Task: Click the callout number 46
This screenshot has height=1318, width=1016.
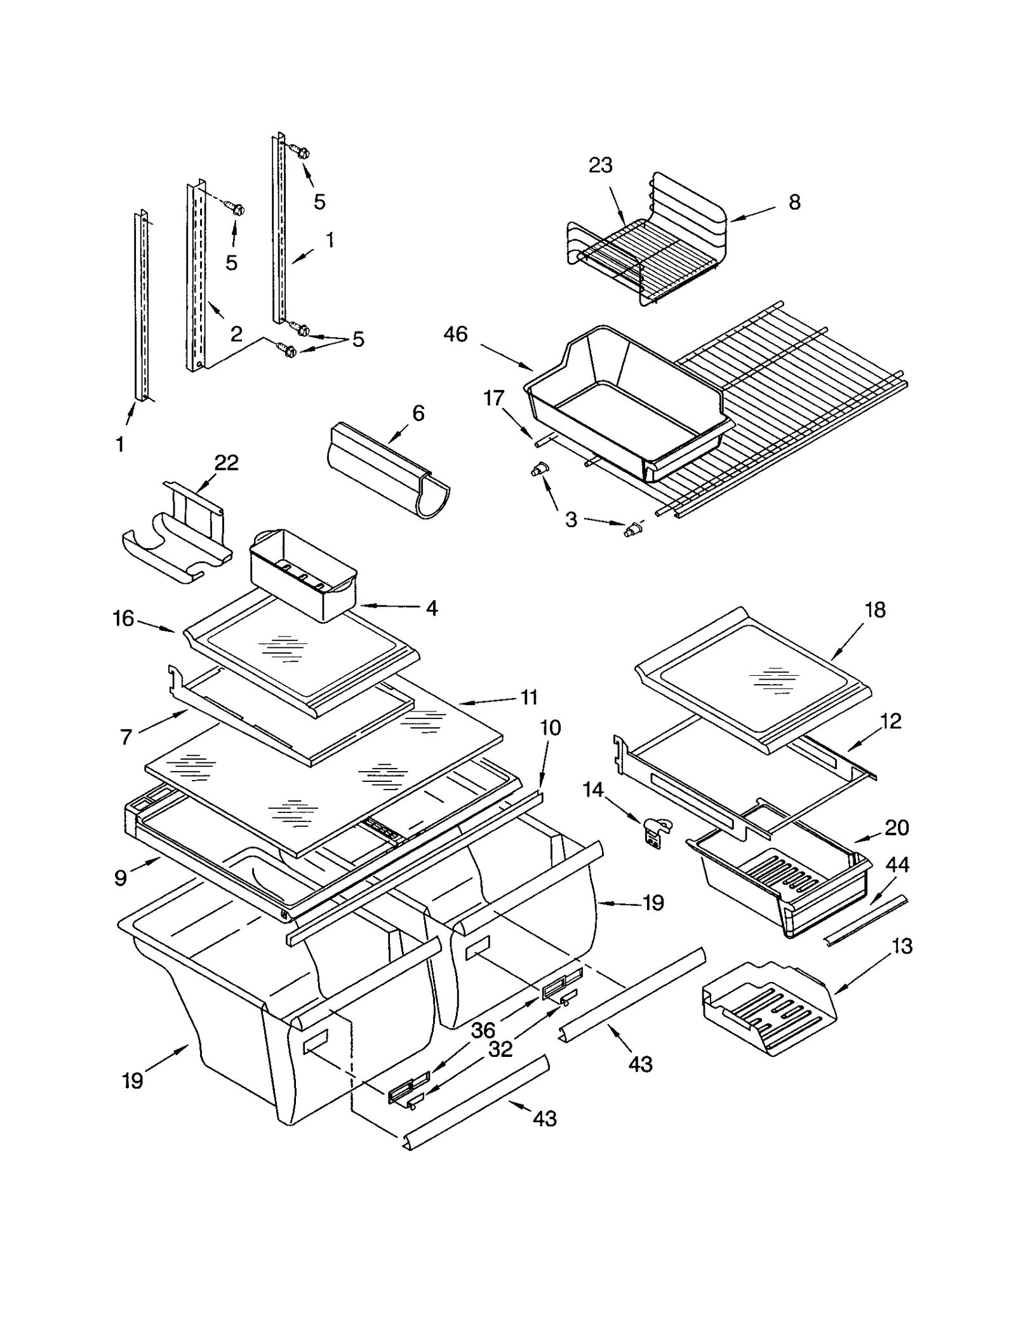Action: (x=455, y=334)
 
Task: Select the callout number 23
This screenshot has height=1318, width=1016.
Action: (x=600, y=165)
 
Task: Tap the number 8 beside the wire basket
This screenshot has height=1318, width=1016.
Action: (x=794, y=203)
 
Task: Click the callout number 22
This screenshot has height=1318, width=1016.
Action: (x=226, y=462)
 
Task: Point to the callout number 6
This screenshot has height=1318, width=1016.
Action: (x=418, y=414)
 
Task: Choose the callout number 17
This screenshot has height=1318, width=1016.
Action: (x=493, y=398)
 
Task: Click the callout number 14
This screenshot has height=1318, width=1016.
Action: (x=593, y=790)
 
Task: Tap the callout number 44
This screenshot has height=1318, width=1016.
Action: (x=897, y=864)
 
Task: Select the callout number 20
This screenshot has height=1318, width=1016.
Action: (x=897, y=828)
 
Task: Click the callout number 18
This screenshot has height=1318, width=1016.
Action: (x=875, y=610)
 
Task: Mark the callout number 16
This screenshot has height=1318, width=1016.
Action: (x=124, y=618)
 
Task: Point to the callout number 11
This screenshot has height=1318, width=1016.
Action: (x=529, y=697)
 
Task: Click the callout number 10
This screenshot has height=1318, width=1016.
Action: (x=550, y=728)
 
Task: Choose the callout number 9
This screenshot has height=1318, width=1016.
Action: (x=121, y=878)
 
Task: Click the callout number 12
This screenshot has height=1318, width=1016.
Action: (x=891, y=722)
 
